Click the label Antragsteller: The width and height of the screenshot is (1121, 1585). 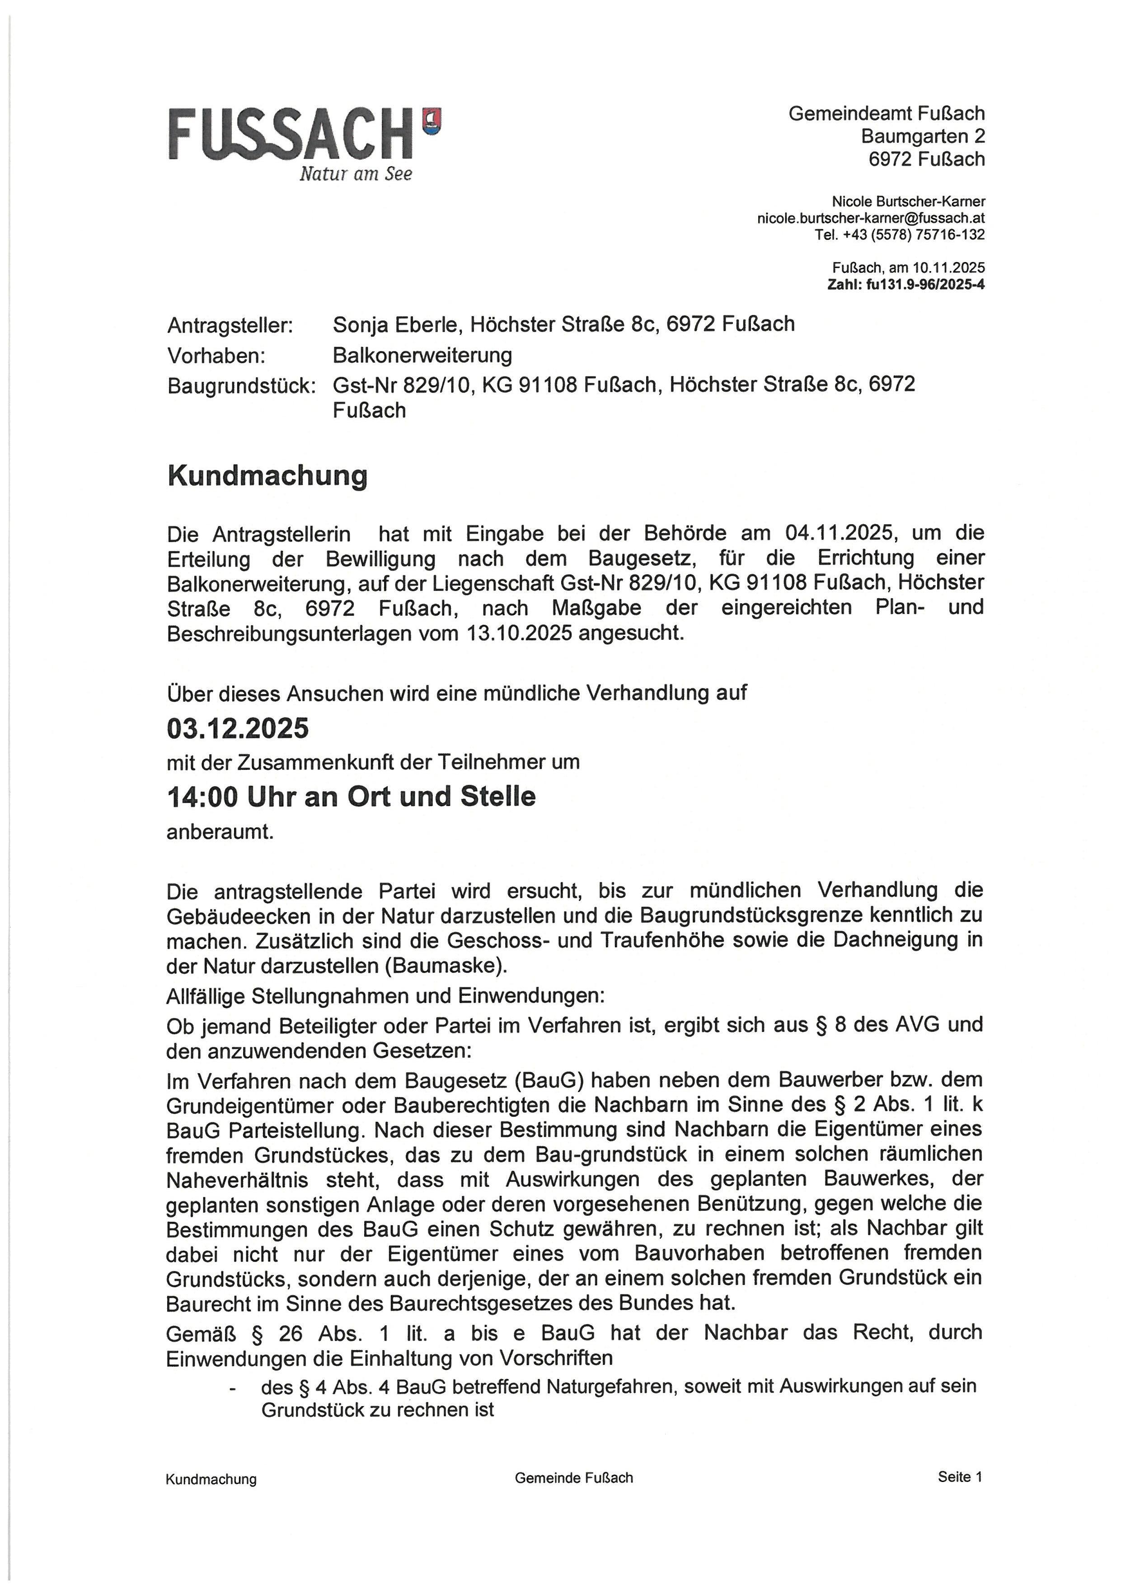(230, 325)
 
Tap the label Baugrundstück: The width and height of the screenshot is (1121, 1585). (241, 386)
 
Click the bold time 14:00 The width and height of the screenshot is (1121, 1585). (202, 797)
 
